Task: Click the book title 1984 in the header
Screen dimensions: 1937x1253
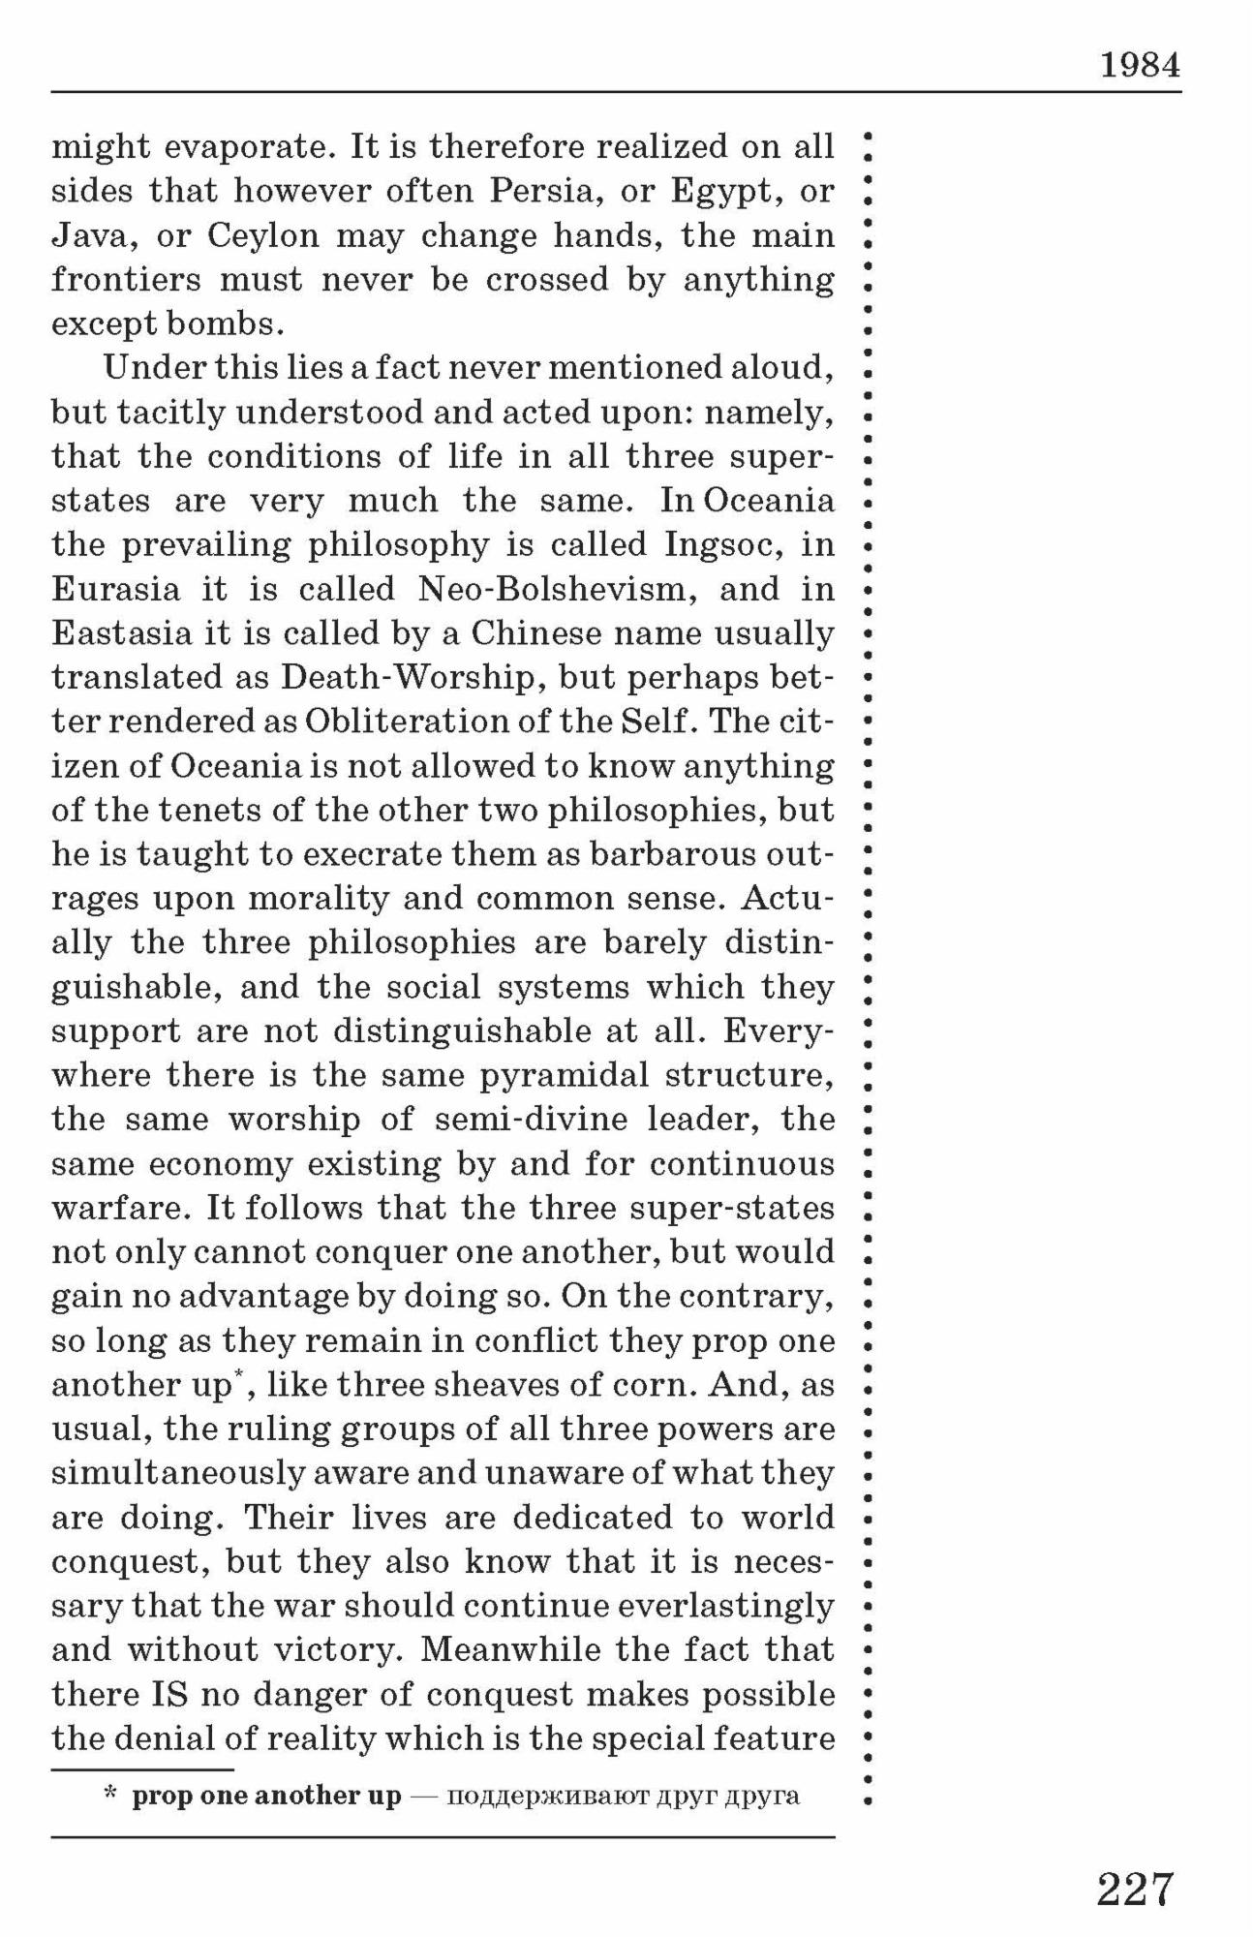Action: pos(1140,65)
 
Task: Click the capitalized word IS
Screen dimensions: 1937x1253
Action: pos(168,1695)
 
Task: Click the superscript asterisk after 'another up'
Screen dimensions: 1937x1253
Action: pos(237,1373)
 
